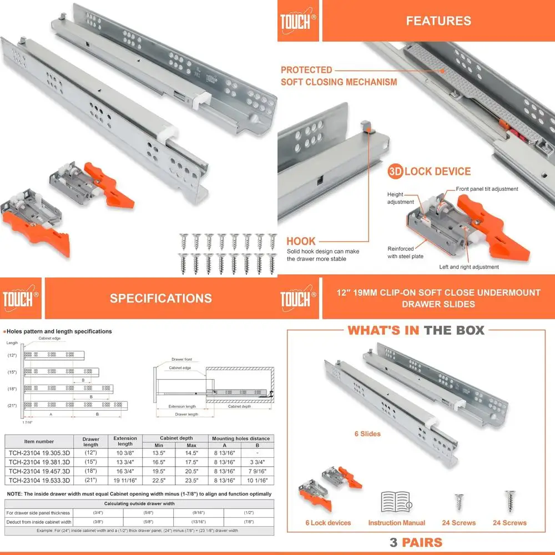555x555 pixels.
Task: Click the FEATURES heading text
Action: pos(438,21)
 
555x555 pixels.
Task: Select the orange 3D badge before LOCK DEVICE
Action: pos(395,171)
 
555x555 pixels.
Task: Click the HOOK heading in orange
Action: pos(301,241)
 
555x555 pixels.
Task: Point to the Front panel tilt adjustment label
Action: pos(487,189)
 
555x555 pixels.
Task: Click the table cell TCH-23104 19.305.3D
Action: pos(38,453)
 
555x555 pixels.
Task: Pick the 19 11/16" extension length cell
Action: pos(125,480)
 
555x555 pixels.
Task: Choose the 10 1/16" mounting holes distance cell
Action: pos(257,480)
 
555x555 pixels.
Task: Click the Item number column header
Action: pos(38,442)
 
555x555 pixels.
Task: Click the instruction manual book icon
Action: pos(396,502)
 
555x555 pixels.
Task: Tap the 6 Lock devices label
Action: pos(328,523)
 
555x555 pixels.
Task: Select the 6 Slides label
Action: pos(367,433)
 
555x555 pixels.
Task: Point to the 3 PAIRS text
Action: pos(416,542)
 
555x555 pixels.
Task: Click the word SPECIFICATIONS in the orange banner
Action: pos(160,298)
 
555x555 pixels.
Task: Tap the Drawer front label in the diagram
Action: pos(183,359)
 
